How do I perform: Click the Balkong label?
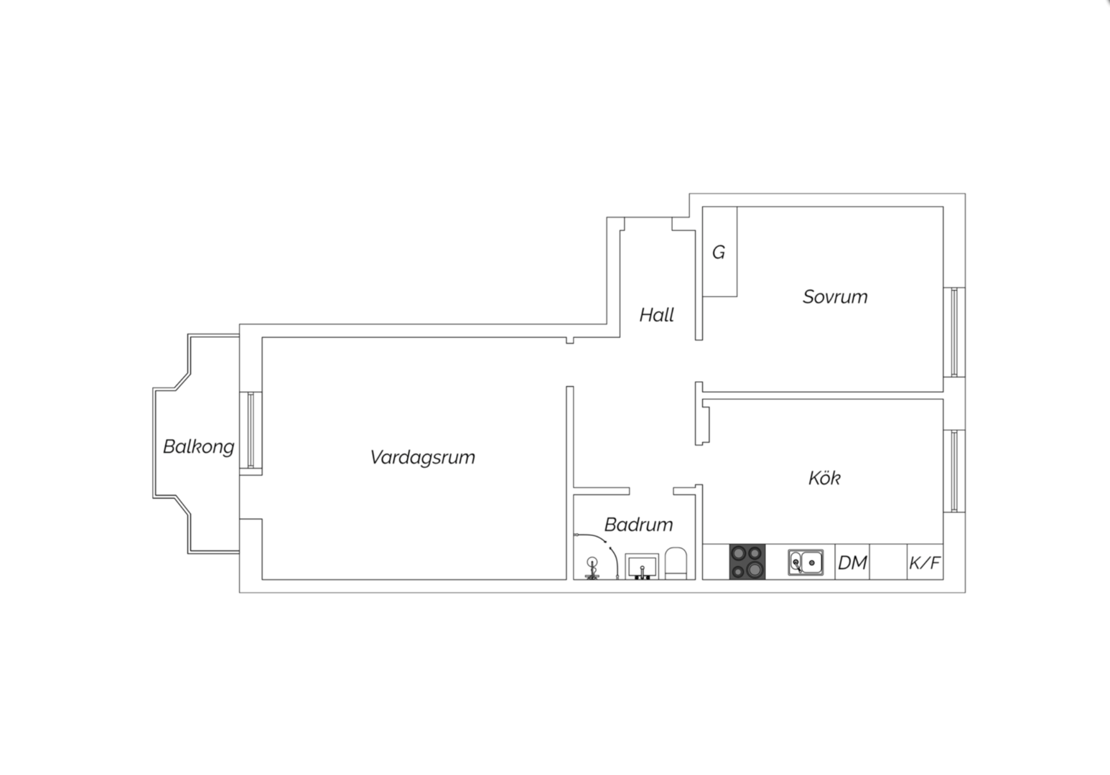[199, 446]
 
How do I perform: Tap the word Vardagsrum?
[422, 457]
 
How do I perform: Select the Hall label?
[656, 315]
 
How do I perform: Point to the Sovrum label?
[835, 296]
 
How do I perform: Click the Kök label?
[824, 477]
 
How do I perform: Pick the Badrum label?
[639, 525]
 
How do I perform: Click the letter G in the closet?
[719, 253]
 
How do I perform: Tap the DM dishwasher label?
[852, 563]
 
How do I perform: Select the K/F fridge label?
[925, 563]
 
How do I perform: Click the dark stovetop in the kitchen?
[747, 562]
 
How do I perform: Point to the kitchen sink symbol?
[806, 562]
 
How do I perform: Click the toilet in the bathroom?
[676, 563]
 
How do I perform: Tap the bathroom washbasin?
[642, 566]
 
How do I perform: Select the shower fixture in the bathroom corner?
[592, 568]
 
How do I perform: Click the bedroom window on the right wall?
[954, 332]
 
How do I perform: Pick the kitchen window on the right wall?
[954, 471]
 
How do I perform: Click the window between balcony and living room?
[251, 430]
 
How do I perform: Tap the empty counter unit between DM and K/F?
[888, 562]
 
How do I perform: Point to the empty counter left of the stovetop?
[716, 562]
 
